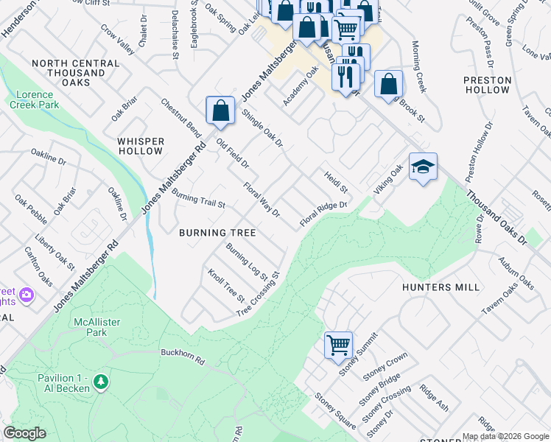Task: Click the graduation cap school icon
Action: tap(423, 168)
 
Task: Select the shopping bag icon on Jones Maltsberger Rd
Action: tap(220, 111)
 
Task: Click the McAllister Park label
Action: tap(96, 327)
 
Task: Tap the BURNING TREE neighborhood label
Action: tap(217, 233)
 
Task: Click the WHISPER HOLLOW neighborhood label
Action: tap(140, 145)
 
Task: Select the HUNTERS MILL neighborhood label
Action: tap(441, 287)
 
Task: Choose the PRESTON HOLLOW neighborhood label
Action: tap(486, 84)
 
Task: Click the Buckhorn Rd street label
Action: tap(181, 353)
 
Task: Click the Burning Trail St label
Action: tap(197, 198)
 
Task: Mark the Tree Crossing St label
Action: tap(259, 295)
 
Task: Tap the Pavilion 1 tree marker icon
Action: tap(101, 382)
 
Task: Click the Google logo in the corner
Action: tap(25, 433)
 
